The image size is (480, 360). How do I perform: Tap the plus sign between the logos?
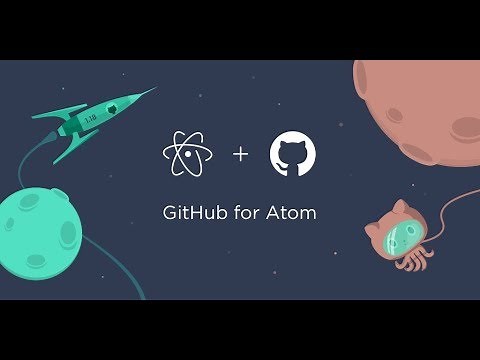pos(239,155)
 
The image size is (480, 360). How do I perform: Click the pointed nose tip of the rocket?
pos(155,89)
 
